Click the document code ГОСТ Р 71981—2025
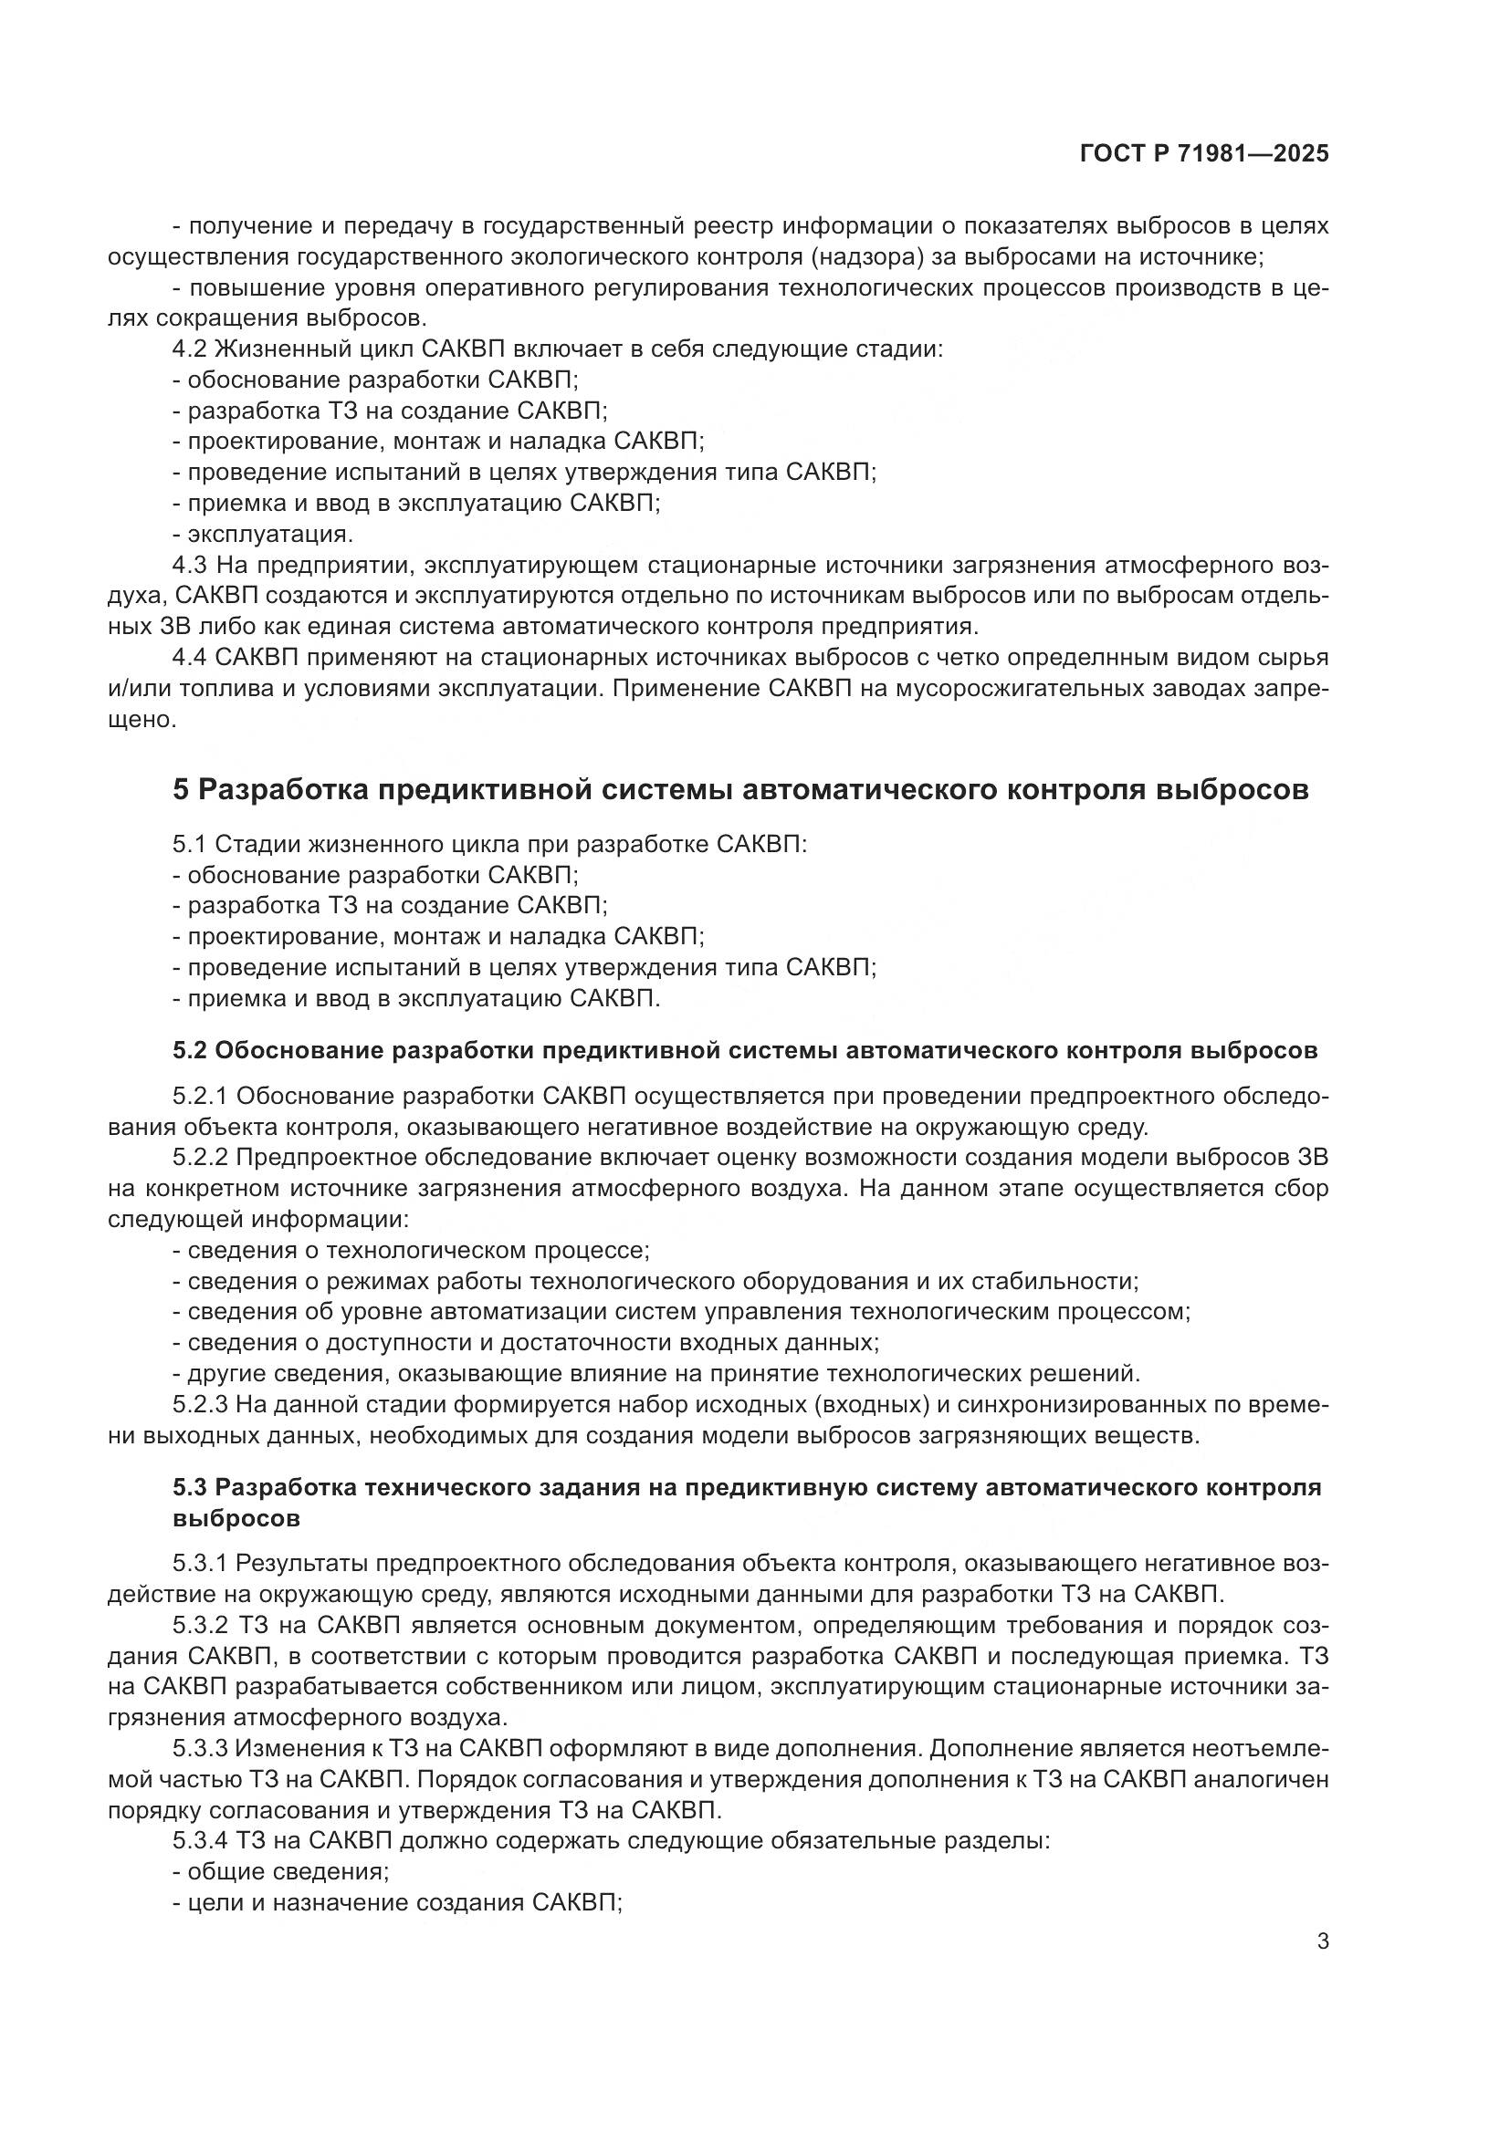tap(1204, 154)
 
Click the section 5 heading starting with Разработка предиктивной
tap(740, 790)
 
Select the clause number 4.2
tap(193, 349)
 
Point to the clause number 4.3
tap(193, 565)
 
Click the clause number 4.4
tap(193, 658)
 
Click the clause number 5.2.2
tap(200, 1158)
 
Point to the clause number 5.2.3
tap(200, 1404)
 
